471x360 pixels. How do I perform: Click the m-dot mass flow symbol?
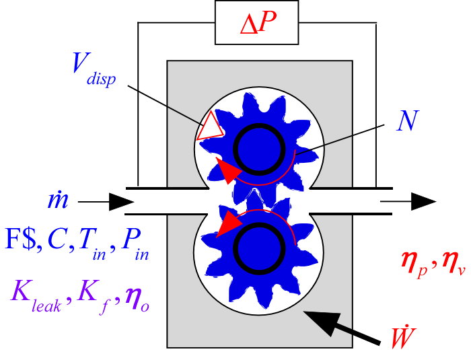tap(55, 201)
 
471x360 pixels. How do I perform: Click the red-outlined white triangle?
tap(211, 127)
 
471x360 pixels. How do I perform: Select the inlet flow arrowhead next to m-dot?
tap(121, 201)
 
